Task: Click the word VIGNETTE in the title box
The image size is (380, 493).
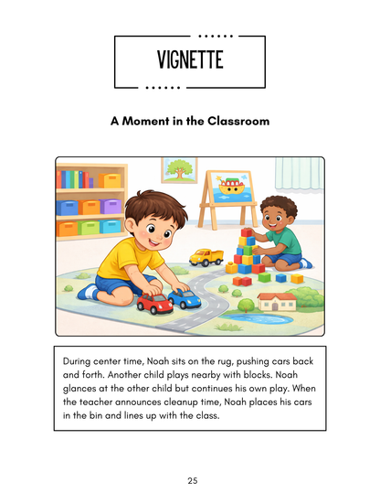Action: click(189, 61)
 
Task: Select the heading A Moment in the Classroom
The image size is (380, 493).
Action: click(189, 120)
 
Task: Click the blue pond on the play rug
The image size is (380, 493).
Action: click(265, 320)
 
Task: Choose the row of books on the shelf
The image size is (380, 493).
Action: click(78, 178)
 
